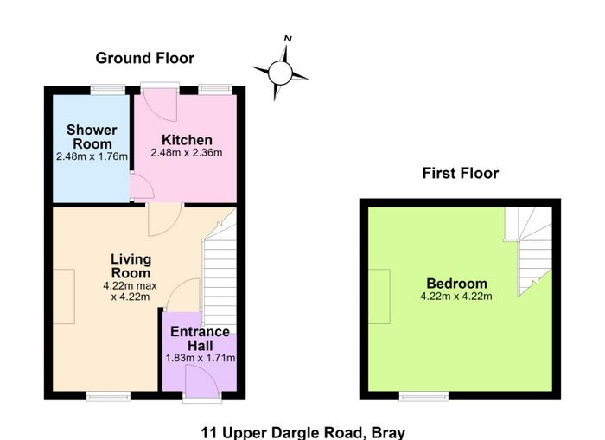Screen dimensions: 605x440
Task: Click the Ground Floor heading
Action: point(144,58)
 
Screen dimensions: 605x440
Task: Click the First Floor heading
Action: point(461,173)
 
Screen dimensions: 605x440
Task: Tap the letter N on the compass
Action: point(288,38)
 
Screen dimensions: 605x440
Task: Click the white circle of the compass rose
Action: point(280,73)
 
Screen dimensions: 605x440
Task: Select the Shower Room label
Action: point(92,137)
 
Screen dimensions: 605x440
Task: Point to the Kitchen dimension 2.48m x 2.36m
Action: point(187,153)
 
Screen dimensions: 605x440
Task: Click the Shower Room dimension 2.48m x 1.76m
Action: point(92,156)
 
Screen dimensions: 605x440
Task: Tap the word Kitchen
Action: point(187,140)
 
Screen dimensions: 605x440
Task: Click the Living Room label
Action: point(131,266)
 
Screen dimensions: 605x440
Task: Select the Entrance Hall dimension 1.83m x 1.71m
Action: point(201,358)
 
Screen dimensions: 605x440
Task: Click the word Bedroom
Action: point(456,284)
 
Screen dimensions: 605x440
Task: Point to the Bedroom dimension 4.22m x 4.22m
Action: point(456,297)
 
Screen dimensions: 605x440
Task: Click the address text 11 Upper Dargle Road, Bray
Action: point(302,433)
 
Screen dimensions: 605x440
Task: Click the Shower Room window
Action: point(108,90)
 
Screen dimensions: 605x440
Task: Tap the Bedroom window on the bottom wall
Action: point(423,396)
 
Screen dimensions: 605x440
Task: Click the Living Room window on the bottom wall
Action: point(108,396)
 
